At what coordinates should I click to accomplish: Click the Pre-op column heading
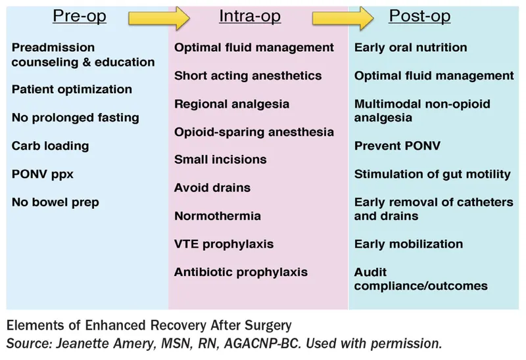click(80, 16)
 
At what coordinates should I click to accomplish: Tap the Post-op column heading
click(420, 16)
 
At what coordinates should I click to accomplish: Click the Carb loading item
click(50, 146)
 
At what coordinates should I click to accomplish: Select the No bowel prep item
click(55, 202)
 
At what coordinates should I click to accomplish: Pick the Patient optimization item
click(72, 89)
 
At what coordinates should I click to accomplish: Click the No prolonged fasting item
click(75, 118)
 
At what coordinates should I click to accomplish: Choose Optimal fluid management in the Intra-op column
click(254, 48)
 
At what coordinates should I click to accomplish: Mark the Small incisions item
click(220, 160)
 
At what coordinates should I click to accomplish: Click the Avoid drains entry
click(212, 188)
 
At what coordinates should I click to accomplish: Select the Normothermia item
click(217, 215)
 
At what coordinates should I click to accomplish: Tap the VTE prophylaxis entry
click(224, 244)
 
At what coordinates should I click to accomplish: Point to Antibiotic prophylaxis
click(241, 272)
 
